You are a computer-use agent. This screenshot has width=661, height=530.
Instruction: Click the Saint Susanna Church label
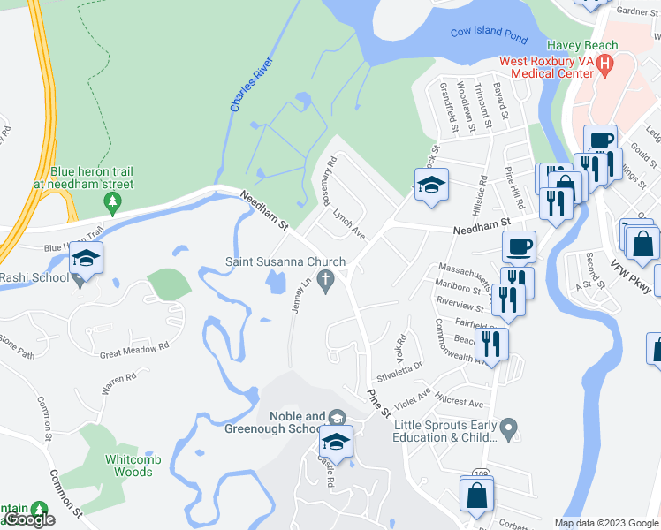pyautogui.click(x=284, y=261)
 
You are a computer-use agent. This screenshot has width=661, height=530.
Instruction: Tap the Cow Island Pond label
pyautogui.click(x=489, y=33)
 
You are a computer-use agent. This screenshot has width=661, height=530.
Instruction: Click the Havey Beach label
pyautogui.click(x=581, y=45)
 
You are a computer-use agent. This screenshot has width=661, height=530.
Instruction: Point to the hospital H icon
pyautogui.click(x=604, y=64)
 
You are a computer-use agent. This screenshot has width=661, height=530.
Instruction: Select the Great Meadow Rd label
pyautogui.click(x=133, y=350)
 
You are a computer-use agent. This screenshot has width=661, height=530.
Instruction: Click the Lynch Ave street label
pyautogui.click(x=348, y=223)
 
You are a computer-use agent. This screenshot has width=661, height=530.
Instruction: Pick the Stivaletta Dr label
pyautogui.click(x=400, y=363)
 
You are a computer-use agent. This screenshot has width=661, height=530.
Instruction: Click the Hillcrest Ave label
pyautogui.click(x=460, y=402)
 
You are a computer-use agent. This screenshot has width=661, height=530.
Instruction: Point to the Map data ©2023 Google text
pyautogui.click(x=605, y=523)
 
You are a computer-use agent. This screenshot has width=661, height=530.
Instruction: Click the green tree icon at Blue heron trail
pyautogui.click(x=111, y=204)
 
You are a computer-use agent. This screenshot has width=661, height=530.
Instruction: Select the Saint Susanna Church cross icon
pyautogui.click(x=326, y=282)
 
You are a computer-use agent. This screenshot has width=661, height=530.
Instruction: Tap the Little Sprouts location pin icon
pyautogui.click(x=507, y=430)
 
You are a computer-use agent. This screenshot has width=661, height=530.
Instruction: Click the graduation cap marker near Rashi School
pyautogui.click(x=87, y=258)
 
